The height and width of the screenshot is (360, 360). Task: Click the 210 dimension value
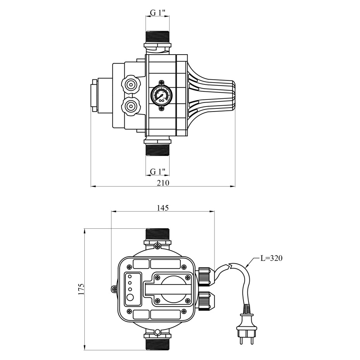pos(163,183)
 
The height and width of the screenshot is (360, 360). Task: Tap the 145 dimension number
pos(163,208)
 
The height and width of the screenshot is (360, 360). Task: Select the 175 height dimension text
pos(81,289)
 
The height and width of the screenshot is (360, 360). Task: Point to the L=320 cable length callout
pos(271,258)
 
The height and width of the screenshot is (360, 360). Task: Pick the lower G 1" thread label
pos(158,171)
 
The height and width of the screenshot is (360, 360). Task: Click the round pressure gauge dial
pos(161,95)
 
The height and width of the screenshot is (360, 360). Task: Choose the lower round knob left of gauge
pos(130,106)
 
